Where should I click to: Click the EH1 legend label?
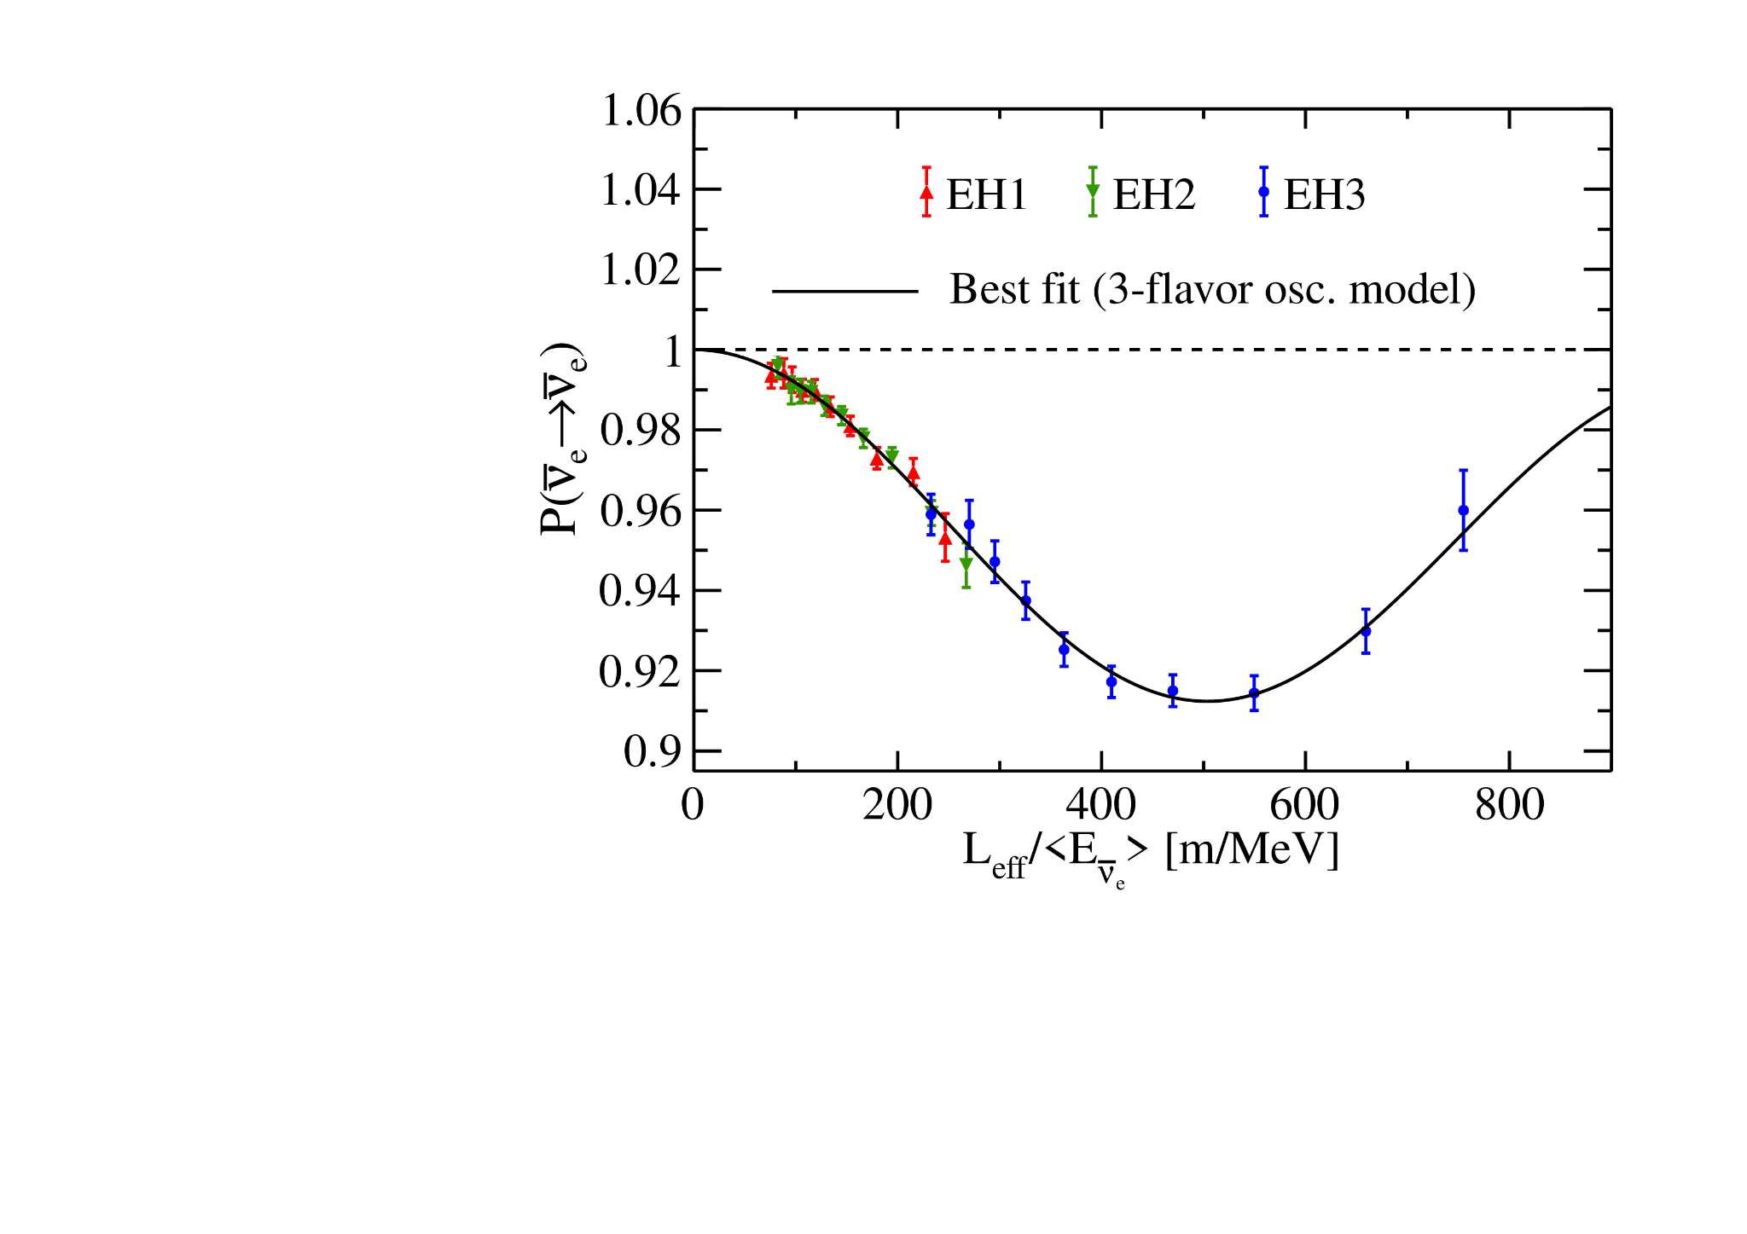point(986,195)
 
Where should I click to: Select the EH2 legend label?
point(1153,195)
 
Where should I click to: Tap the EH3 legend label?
point(1324,195)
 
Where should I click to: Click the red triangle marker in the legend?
point(926,193)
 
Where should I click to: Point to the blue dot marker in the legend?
point(1264,192)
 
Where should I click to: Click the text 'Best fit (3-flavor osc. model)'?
point(1212,290)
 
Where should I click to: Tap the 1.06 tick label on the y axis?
point(641,111)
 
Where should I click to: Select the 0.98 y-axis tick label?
point(641,431)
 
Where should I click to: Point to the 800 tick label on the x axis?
point(1509,805)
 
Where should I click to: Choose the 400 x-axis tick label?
point(1101,805)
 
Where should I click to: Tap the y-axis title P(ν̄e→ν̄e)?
point(561,438)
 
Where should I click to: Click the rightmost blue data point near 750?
point(1463,511)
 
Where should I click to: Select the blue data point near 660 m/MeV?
point(1366,631)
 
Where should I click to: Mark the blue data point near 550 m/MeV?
point(1254,692)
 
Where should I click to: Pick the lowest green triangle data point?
point(966,564)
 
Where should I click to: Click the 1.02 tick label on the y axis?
point(641,270)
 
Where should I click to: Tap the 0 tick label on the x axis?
point(693,805)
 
